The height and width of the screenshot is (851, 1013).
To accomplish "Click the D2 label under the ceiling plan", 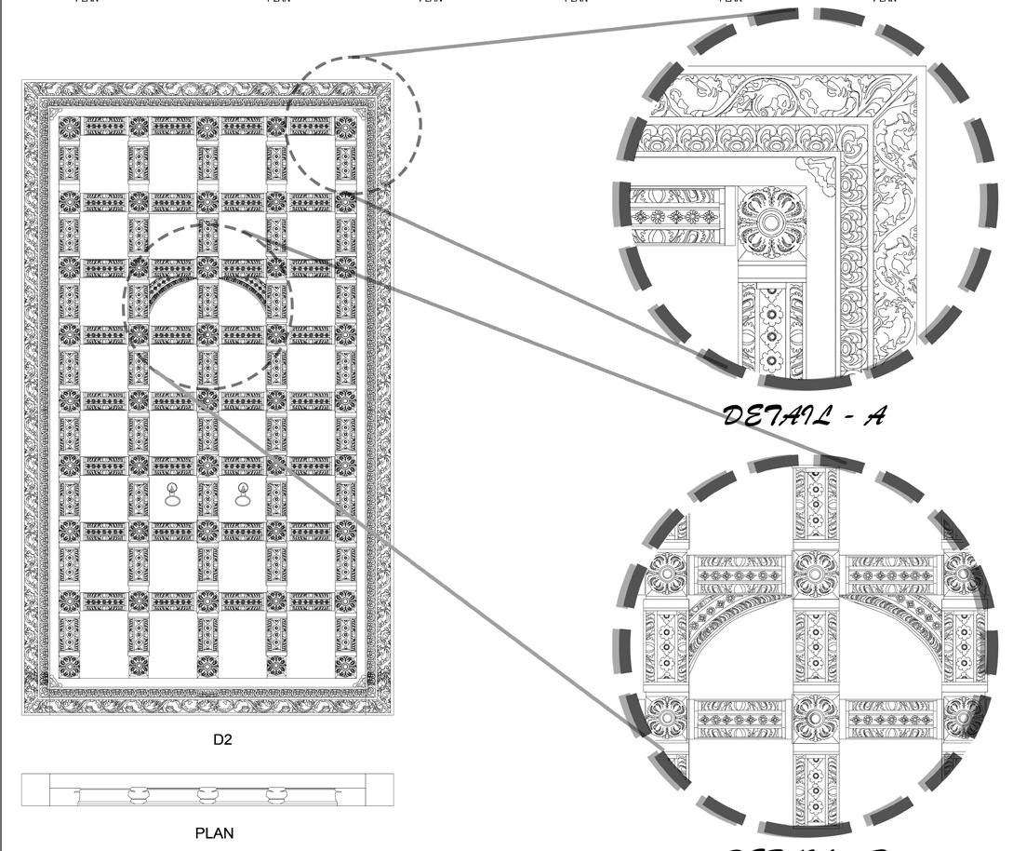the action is [x=222, y=740].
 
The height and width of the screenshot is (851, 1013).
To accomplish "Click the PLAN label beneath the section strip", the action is [x=214, y=833].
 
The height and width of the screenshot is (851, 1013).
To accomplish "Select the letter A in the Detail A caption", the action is [x=873, y=415].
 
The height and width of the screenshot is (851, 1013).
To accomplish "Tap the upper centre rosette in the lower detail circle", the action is [x=815, y=574].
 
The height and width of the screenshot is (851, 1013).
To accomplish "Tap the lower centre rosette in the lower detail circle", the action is [x=815, y=719].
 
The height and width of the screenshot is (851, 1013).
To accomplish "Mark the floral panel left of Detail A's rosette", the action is [x=677, y=217].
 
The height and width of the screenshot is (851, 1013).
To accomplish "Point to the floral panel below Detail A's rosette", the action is [x=770, y=326].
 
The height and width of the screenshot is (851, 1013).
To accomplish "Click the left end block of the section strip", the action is [x=35, y=790].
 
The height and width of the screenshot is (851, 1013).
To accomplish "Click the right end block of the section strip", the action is [x=380, y=790].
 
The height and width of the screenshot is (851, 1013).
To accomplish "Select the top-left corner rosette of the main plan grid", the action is [x=69, y=126].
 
